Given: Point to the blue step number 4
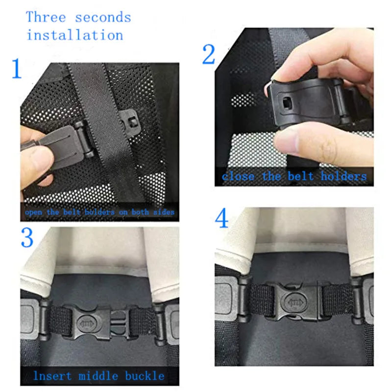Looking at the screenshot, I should pyautogui.click(x=222, y=219).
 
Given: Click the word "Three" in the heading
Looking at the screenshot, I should pyautogui.click(x=46, y=17).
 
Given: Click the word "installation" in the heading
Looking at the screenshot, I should pyautogui.click(x=74, y=35).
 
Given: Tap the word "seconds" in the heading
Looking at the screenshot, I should pyautogui.click(x=103, y=18).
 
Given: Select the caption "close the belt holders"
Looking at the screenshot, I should pyautogui.click(x=294, y=176).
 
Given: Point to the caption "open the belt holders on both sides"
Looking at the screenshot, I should pyautogui.click(x=99, y=212).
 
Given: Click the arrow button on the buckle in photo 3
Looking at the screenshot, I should pyautogui.click(x=84, y=322).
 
